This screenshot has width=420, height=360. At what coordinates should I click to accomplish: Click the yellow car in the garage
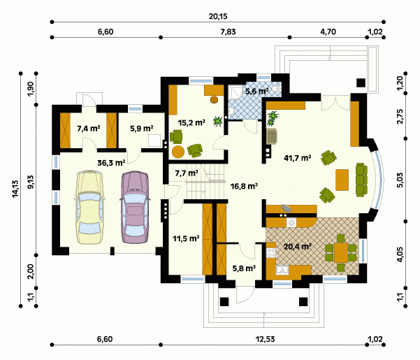[x=89, y=207]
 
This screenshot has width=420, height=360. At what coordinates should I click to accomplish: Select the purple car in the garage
[x=135, y=207]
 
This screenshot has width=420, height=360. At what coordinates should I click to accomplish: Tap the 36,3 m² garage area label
[x=111, y=163]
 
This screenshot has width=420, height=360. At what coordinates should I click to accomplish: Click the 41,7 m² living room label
[x=297, y=158]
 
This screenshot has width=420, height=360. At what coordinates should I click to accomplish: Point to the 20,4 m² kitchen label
[x=297, y=246]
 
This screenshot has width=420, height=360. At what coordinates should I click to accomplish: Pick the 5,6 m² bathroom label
[x=257, y=92]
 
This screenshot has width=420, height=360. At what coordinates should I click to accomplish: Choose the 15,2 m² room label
[x=191, y=122]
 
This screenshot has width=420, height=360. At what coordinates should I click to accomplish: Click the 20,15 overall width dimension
[x=218, y=16]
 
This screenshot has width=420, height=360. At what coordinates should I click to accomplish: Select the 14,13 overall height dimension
[x=15, y=189]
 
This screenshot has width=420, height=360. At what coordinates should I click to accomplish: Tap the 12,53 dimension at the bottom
[x=265, y=339]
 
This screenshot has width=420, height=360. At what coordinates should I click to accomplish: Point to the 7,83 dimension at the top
[x=229, y=31]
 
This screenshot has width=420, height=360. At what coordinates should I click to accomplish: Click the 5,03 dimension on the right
[x=400, y=180]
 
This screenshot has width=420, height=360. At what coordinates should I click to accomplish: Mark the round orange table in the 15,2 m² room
[x=178, y=152]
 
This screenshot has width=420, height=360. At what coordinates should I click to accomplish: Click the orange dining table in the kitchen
[x=341, y=252]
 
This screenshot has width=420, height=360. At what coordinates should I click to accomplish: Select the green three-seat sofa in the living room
[x=361, y=180]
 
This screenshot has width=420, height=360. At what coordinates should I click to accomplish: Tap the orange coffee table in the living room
[x=342, y=180]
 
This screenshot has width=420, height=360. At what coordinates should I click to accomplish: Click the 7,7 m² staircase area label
[x=187, y=173]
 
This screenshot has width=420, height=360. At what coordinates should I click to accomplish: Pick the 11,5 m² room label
[x=186, y=238]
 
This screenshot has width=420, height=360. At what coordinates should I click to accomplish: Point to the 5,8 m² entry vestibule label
[x=244, y=268]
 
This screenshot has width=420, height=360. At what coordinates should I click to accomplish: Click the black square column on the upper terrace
[x=361, y=82]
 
